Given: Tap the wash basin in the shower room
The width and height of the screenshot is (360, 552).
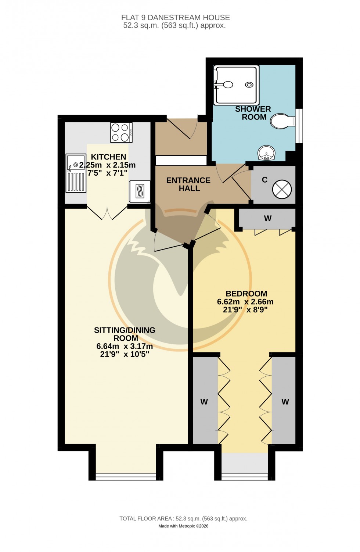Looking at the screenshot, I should click(x=266, y=153).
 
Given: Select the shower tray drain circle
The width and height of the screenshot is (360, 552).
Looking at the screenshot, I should click(x=249, y=85).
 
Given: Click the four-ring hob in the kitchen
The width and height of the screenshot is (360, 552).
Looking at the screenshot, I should click(x=121, y=132).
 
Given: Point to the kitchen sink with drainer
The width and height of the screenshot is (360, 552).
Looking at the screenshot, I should click(x=76, y=173).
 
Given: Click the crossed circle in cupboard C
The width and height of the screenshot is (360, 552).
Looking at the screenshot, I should click(x=282, y=190).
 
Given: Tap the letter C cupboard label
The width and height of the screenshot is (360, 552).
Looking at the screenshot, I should click(x=264, y=180).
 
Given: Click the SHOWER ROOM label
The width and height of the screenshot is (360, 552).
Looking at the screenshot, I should click(x=253, y=113).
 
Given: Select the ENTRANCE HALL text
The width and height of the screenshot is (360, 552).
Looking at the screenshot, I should click(x=188, y=184).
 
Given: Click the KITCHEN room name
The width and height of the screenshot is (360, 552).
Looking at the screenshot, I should click(x=108, y=157).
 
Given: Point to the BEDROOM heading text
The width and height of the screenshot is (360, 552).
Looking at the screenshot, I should click(x=246, y=294).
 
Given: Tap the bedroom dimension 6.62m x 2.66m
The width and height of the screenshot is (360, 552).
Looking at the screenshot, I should click(x=245, y=302).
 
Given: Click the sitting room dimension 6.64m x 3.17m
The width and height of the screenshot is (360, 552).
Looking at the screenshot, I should click(x=125, y=346).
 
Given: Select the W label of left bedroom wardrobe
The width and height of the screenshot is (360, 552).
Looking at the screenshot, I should click(x=204, y=402).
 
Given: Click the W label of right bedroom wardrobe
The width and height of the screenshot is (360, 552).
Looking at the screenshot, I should click(x=285, y=402).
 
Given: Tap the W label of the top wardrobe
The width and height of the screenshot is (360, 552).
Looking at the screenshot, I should click(x=267, y=219).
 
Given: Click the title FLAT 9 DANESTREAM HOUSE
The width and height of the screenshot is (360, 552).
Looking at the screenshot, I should click(x=176, y=18).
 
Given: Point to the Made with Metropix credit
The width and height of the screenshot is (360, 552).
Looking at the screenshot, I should click(x=183, y=526).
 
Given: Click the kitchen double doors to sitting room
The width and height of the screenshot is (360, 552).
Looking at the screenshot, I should click(x=107, y=213).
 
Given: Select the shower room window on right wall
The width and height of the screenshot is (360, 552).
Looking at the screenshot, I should click(x=300, y=125).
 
